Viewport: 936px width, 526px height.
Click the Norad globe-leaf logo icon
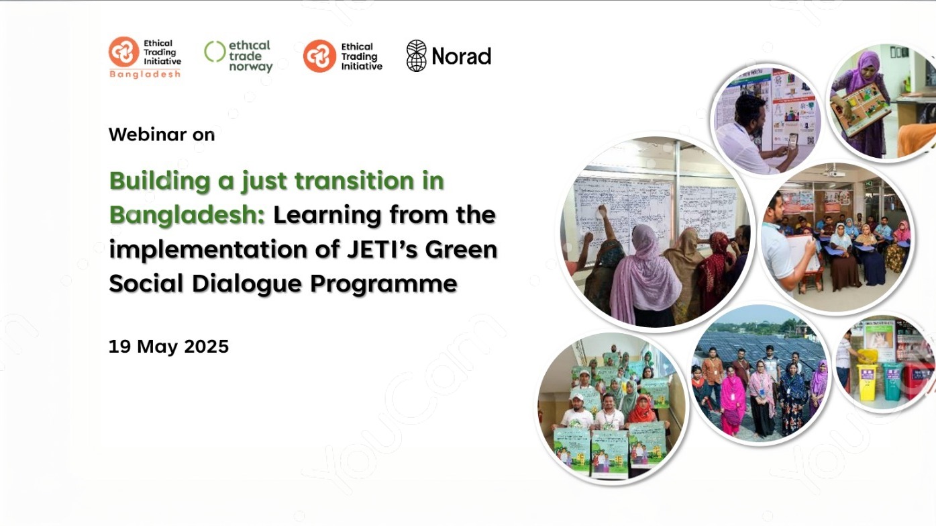(416, 56)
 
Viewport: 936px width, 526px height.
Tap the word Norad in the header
(461, 56)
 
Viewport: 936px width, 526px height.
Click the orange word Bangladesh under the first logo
(145, 74)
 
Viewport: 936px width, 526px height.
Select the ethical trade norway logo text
(250, 56)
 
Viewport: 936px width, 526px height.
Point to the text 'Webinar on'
(162, 134)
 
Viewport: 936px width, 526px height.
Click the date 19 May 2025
(168, 347)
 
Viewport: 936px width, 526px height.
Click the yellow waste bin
(867, 380)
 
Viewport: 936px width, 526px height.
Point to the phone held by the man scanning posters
(792, 140)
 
